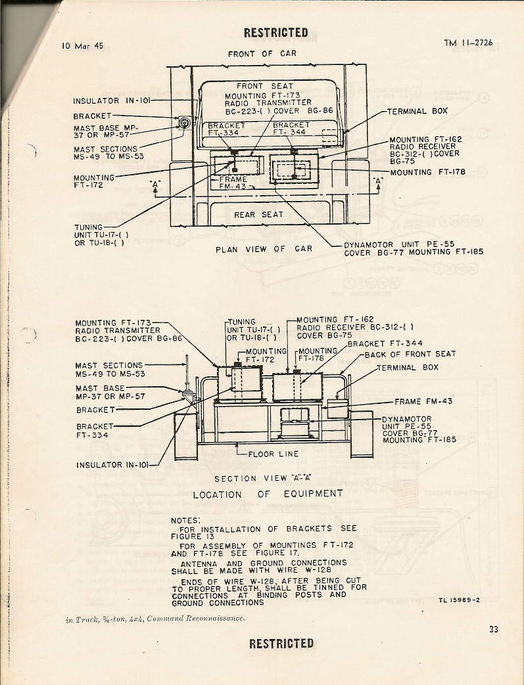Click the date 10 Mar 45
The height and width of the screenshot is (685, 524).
82,46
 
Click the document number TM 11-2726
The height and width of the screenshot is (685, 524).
467,43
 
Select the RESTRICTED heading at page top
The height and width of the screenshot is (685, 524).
275,32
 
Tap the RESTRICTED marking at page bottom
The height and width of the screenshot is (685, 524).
281,643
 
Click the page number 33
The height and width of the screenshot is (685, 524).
494,629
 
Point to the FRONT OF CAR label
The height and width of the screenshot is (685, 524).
262,54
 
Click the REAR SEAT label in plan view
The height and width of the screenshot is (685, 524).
258,215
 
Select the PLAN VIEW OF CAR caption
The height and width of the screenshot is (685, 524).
264,249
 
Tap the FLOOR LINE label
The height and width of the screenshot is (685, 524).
273,454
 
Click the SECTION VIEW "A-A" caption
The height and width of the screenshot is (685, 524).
262,479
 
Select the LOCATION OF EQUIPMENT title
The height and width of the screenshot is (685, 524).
268,494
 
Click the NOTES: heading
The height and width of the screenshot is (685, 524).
185,520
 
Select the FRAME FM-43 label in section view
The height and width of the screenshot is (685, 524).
423,401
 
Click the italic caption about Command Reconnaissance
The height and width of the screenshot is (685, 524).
155,619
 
